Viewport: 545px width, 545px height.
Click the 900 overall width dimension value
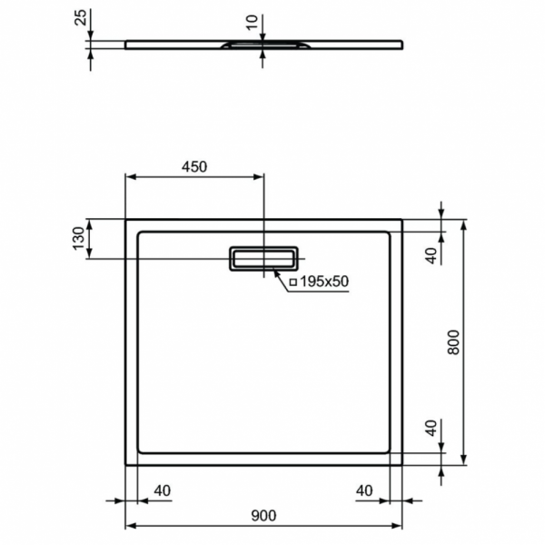click(x=263, y=516)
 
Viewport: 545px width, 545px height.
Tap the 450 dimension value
click(x=194, y=166)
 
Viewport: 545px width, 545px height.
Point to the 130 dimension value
click(x=79, y=239)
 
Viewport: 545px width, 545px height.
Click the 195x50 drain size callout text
click(x=324, y=282)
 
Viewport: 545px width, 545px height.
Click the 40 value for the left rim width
click(x=162, y=491)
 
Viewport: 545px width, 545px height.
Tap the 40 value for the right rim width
click(x=364, y=491)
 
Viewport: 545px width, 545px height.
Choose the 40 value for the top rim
click(x=431, y=254)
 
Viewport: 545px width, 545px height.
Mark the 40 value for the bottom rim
click(x=431, y=427)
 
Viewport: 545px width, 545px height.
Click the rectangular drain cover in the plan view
click(x=263, y=258)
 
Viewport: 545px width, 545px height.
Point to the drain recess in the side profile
click(x=263, y=43)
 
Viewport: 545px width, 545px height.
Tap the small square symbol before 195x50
click(x=293, y=282)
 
